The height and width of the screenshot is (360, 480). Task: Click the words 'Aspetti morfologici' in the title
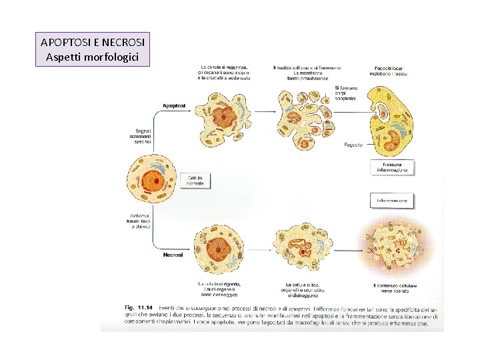point(92,57)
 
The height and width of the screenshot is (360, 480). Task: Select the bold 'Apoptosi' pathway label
point(174,106)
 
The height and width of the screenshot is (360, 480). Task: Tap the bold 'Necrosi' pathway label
point(173,255)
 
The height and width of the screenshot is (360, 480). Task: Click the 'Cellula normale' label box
point(195,180)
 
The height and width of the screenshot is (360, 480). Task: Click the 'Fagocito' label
point(353,145)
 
